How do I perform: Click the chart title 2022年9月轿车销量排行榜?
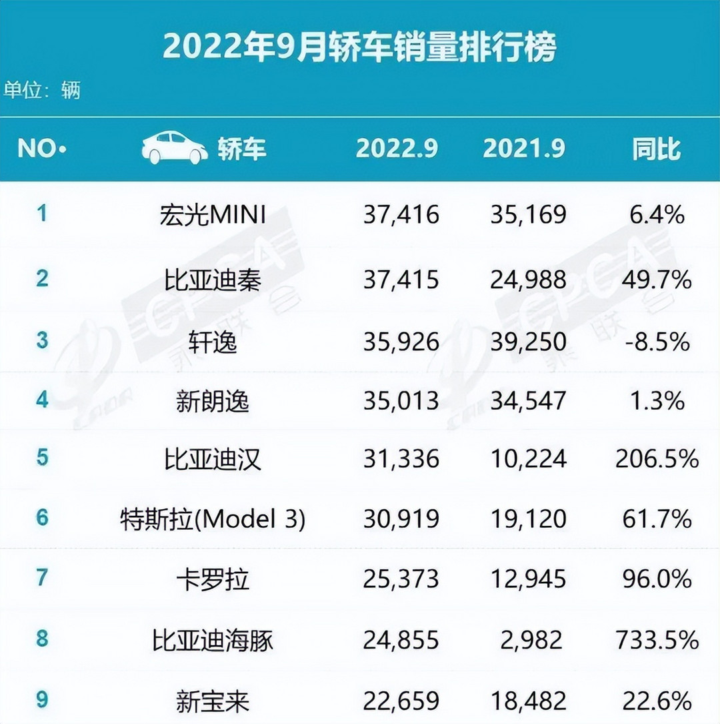359,48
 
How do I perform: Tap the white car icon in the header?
175,148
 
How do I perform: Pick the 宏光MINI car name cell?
213,215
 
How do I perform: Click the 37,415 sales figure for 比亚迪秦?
401,279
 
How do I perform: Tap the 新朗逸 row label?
213,401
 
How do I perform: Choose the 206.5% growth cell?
657,459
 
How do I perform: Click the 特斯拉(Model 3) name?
213,519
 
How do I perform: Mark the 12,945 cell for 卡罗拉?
529,579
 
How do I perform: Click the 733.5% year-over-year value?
657,639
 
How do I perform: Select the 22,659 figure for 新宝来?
401,701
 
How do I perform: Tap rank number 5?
43,458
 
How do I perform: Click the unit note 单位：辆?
41,89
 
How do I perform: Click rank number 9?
43,699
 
